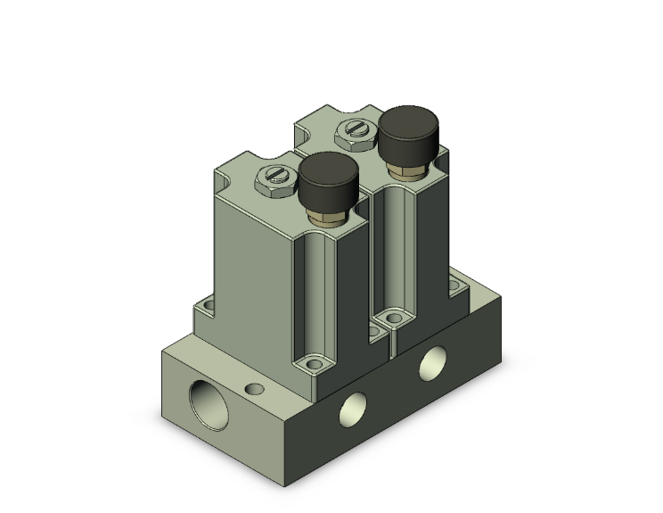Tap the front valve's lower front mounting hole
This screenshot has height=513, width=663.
coord(312,363)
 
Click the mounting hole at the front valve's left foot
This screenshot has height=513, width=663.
coord(209,308)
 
